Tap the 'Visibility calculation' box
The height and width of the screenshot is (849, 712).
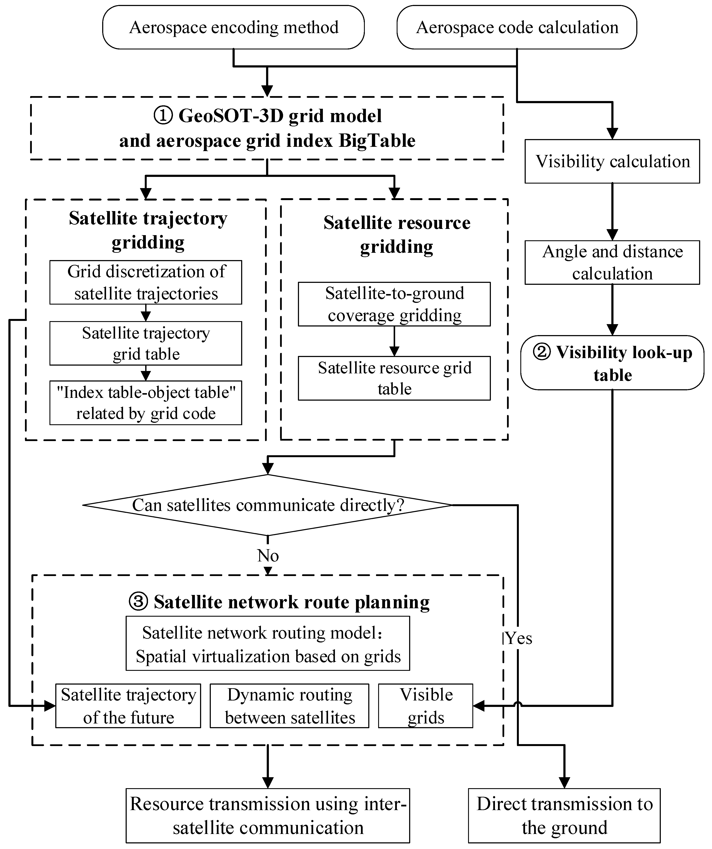612,161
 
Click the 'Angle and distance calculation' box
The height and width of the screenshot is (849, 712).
612,262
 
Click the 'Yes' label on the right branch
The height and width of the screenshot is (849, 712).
519,638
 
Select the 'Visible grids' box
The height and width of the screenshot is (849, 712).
425,706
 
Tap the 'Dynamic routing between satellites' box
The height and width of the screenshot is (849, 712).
289,706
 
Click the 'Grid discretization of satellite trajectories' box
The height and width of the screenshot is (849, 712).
146,282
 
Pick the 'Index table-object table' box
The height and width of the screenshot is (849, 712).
146,403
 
